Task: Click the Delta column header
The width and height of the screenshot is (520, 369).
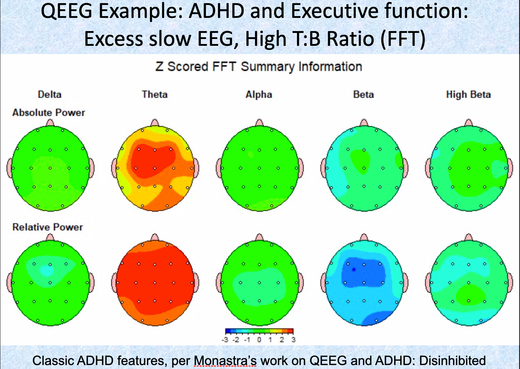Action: (x=49, y=94)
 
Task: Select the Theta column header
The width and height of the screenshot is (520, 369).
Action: (x=155, y=94)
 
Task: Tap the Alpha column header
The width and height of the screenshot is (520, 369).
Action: (x=259, y=94)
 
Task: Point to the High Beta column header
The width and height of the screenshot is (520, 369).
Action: (x=468, y=94)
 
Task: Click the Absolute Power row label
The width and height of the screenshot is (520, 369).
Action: (x=49, y=113)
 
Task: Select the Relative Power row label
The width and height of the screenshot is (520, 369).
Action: (x=48, y=227)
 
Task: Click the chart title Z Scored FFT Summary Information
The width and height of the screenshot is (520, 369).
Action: (x=259, y=67)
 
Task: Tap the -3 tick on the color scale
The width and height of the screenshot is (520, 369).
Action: (x=225, y=340)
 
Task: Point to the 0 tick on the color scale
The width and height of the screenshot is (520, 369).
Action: (x=259, y=340)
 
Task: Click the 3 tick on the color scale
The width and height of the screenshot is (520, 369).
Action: (x=293, y=340)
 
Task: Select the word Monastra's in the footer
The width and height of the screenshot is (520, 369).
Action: (x=225, y=360)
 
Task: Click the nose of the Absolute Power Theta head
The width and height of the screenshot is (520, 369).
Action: (x=155, y=122)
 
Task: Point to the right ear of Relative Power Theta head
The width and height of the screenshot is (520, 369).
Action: (x=197, y=282)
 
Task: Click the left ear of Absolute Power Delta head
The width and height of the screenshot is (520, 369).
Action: (x=9, y=168)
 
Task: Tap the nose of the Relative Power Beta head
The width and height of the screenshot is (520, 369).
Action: (x=364, y=237)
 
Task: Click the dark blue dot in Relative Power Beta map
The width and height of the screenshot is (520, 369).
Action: (x=354, y=269)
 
